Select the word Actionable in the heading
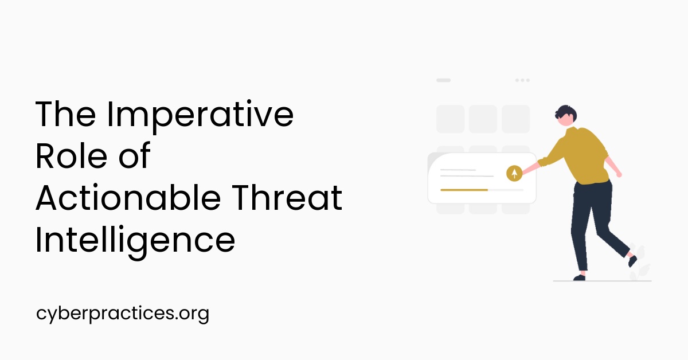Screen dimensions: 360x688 [x=128, y=198]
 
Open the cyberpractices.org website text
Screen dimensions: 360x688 [x=122, y=314]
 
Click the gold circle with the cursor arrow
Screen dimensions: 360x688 [x=514, y=173]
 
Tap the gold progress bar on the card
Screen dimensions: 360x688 [x=464, y=189]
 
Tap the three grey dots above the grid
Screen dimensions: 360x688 [x=522, y=80]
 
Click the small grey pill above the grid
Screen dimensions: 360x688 [x=443, y=80]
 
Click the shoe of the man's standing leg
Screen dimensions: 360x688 [x=579, y=277]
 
